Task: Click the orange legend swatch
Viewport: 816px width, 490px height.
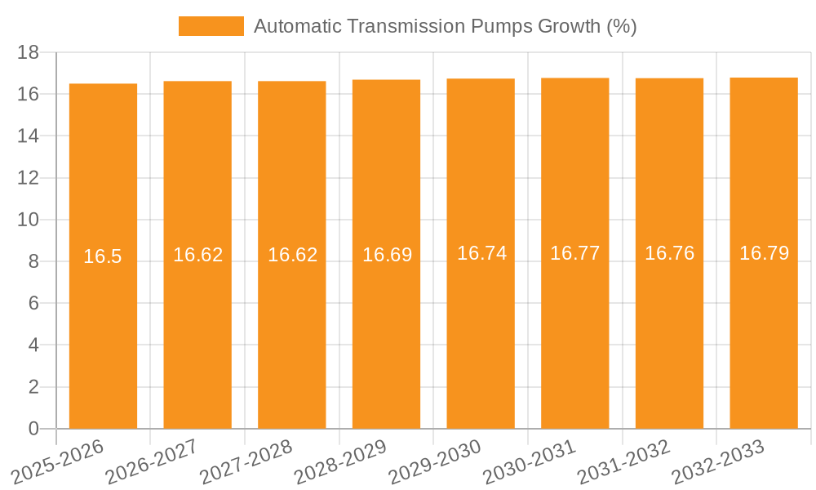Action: point(211,26)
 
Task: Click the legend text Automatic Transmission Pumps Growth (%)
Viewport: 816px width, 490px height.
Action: point(445,26)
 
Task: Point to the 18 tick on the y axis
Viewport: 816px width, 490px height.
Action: point(29,52)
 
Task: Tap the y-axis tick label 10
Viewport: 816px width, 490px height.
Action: point(29,220)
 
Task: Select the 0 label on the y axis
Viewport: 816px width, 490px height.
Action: point(33,429)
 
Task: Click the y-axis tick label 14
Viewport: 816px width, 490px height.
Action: point(29,136)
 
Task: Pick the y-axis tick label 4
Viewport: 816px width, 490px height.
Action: point(33,345)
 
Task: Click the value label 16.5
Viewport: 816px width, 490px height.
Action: point(103,256)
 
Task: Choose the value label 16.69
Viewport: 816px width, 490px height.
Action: point(387,255)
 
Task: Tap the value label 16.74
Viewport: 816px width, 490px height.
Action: point(481,253)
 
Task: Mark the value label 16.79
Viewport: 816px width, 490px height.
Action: point(764,253)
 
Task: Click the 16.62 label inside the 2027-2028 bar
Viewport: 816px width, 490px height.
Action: point(292,255)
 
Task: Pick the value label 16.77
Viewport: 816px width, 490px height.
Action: point(574,253)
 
